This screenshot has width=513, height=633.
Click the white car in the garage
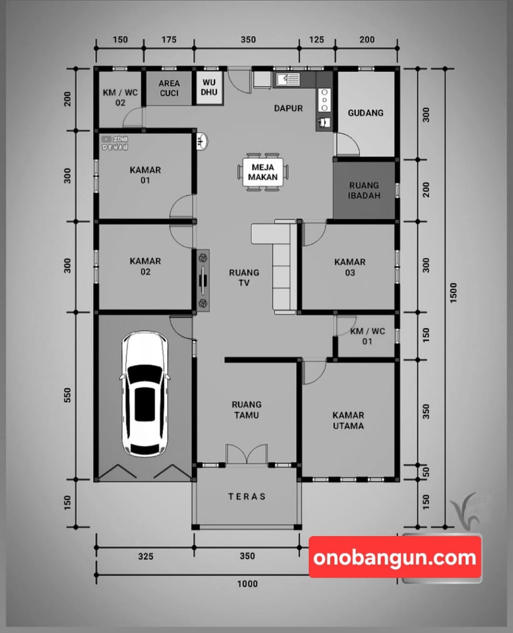pos(145,395)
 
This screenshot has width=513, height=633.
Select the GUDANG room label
pos(366,113)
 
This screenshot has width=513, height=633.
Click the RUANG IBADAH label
pos(364,190)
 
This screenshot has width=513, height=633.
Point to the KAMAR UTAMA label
pos(348,420)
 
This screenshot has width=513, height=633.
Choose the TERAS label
pos(247,497)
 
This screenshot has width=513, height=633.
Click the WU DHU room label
pos(209,87)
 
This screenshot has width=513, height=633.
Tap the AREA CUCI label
pos(169,88)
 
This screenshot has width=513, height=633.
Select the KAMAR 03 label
pos(350,267)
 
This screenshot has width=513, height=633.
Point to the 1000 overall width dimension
pos(247,584)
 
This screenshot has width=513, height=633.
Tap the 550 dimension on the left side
pos(68,395)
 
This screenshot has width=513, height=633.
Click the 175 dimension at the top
pos(169,40)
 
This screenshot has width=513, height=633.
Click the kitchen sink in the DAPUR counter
pos(288,79)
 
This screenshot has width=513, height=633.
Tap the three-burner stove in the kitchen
pos(324,100)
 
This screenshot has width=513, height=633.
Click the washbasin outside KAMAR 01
pos(202,141)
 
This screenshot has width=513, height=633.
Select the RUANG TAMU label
pos(247,409)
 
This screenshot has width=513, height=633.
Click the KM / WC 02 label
pos(120,97)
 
